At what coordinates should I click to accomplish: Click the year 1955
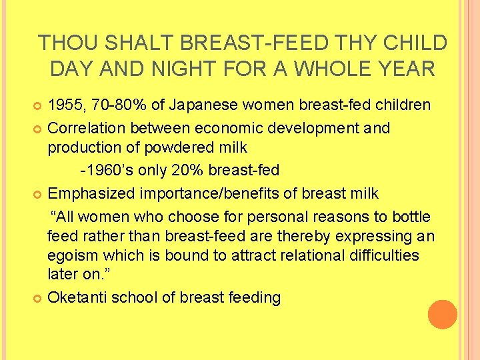pos(66,105)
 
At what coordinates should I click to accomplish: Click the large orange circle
pos(443,315)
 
